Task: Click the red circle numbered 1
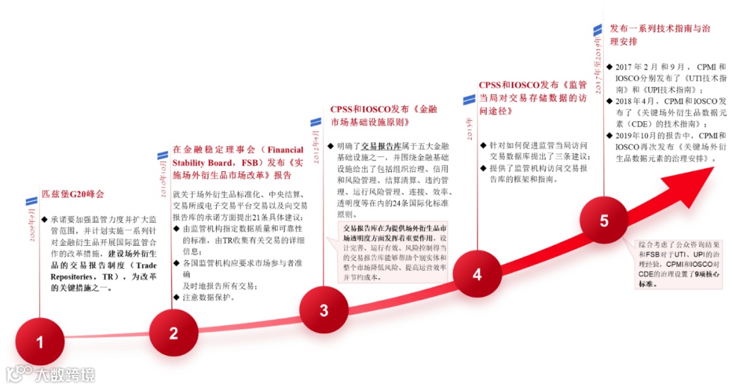click(39, 342)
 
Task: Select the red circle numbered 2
click(174, 332)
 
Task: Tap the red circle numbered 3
click(323, 310)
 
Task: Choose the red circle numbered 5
click(604, 221)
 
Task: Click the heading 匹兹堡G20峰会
click(73, 194)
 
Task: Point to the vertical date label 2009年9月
click(30, 228)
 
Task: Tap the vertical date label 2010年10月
click(163, 178)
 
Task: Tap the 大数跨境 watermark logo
click(50, 374)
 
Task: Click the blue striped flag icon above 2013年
click(469, 100)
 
